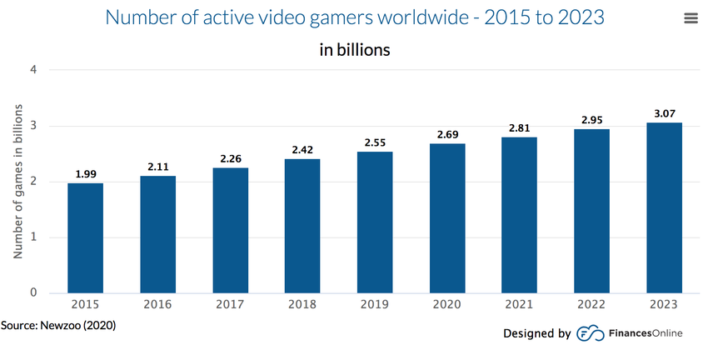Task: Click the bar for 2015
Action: coord(85,238)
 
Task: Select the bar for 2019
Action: coord(375,222)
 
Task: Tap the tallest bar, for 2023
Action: coord(665,207)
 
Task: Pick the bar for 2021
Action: coord(520,215)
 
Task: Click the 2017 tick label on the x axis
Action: coord(230,305)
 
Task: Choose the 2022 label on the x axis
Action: coord(592,305)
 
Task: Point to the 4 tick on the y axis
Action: coord(33,70)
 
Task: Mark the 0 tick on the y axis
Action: coord(33,292)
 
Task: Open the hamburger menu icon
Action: coord(691,18)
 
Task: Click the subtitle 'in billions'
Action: coord(354,50)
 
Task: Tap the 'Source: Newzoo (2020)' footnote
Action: coord(58,324)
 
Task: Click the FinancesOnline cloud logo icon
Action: coord(587,333)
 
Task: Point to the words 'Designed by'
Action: coord(536,333)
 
